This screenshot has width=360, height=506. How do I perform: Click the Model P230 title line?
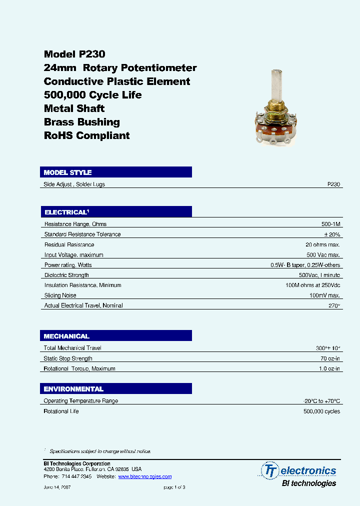pos(74,54)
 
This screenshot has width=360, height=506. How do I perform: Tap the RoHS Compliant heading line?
pos(86,135)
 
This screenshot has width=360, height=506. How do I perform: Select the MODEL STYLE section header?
pos(67,172)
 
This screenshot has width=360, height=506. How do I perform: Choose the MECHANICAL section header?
pos(66,336)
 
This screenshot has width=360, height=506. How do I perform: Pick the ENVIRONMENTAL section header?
pos(73,389)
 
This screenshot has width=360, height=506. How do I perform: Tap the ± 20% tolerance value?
pos(331,234)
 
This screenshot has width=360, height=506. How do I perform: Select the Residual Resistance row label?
pos(69,244)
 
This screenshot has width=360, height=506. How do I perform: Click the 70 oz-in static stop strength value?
pos(329,358)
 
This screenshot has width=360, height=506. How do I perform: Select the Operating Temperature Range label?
pos(81,401)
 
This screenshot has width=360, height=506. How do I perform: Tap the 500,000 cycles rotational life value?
pos(321,411)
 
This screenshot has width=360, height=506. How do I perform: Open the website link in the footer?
pos(144,477)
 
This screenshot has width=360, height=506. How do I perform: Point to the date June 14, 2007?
pos(57,487)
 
